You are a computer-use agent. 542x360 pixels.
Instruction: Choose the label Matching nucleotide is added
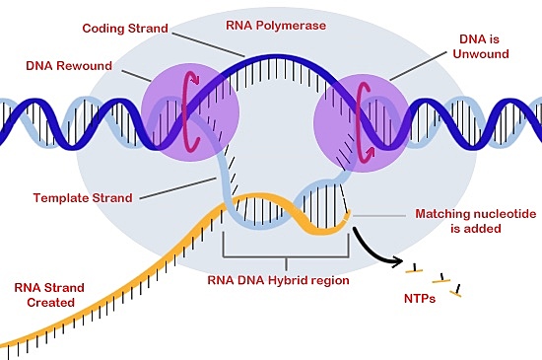[x=475, y=221]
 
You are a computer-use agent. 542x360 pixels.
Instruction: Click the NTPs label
[x=423, y=295]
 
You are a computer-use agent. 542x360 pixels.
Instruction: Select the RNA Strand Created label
[x=49, y=296]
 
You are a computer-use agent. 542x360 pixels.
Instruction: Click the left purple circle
[x=181, y=108]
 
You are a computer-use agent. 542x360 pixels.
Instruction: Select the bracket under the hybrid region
[x=285, y=258]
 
